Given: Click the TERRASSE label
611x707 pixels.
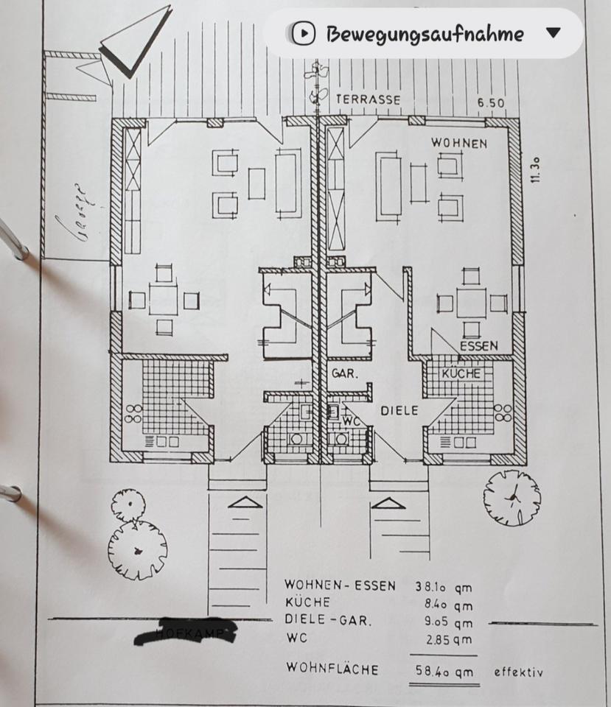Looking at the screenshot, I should (368, 99).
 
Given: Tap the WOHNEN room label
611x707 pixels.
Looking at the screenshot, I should (458, 142).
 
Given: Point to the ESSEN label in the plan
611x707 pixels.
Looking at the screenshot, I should (478, 345).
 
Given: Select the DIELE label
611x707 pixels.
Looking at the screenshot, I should (399, 410).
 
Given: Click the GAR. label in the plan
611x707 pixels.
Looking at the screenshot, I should (344, 373).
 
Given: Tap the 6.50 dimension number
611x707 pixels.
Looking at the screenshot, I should (491, 103).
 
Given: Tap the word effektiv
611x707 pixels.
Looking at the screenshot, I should (519, 671).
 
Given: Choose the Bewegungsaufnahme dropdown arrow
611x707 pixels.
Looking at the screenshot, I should (554, 33).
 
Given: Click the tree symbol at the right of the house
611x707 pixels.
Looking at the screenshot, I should (512, 497).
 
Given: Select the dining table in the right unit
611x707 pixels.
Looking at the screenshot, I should (471, 302).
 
